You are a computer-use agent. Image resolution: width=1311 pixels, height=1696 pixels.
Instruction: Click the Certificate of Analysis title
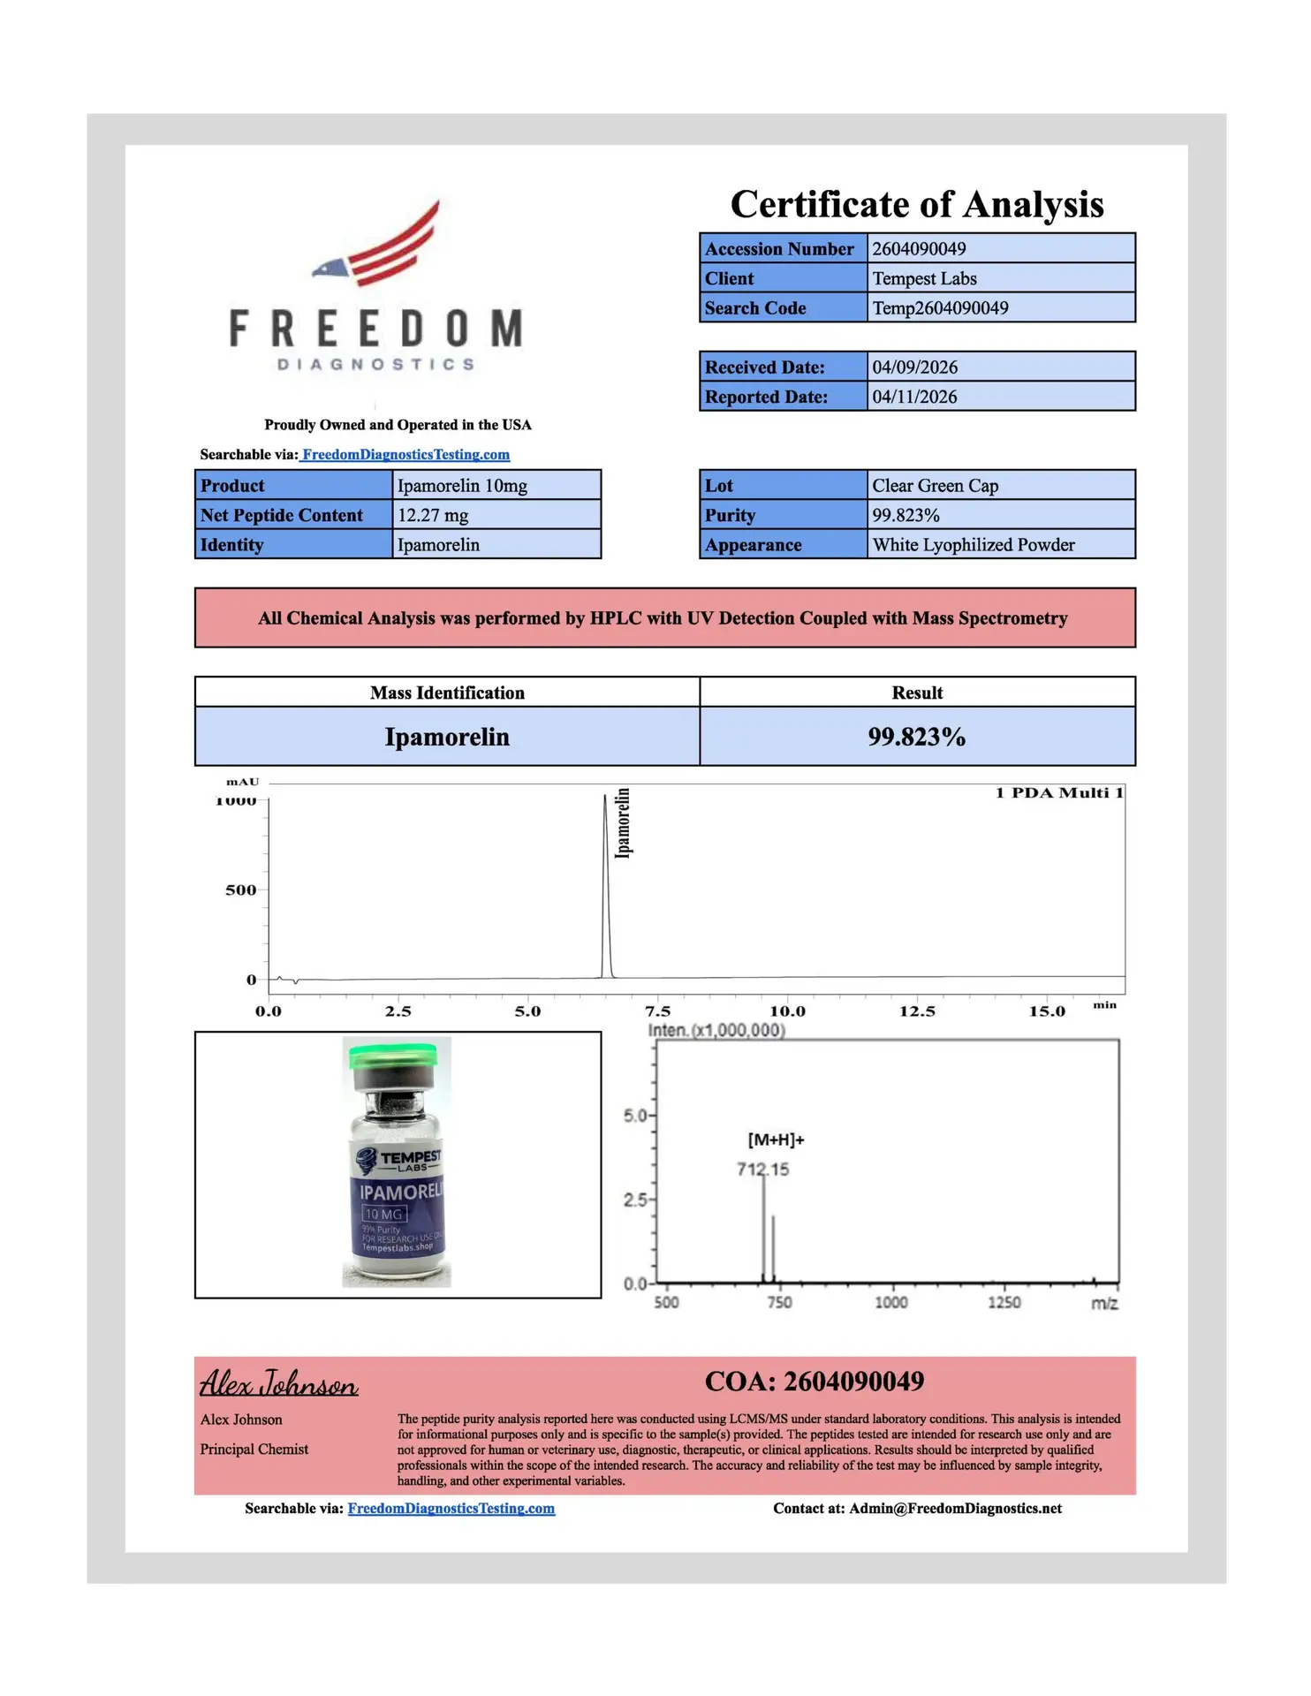pos(916,204)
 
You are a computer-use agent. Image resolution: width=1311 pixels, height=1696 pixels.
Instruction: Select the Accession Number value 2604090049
pos(919,249)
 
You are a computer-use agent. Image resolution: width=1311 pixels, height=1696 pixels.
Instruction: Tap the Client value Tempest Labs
pos(924,279)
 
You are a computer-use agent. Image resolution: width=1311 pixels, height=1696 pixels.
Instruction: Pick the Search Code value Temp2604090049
pos(940,308)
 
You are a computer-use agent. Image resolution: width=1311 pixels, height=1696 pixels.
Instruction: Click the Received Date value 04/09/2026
pos(914,367)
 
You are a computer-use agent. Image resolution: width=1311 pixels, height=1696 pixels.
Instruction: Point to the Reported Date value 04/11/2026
pos(914,397)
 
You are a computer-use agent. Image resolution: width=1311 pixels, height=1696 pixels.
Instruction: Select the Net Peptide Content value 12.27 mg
pos(433,516)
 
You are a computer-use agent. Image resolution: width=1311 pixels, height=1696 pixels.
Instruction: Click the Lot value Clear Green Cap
pos(935,486)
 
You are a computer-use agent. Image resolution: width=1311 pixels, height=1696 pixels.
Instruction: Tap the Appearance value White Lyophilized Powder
pos(974,545)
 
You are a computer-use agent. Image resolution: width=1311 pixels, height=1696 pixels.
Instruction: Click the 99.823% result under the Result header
pos(916,737)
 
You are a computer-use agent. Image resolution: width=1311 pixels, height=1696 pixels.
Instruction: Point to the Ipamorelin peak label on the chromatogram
pos(623,822)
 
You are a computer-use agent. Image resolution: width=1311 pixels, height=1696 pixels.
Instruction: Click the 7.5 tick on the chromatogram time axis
pos(658,1011)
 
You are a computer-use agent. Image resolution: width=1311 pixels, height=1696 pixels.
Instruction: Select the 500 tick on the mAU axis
pos(240,890)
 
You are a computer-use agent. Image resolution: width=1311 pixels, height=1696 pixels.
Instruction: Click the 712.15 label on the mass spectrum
pos(762,1170)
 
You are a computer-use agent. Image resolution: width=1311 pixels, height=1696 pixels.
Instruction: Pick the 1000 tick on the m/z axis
pos(890,1303)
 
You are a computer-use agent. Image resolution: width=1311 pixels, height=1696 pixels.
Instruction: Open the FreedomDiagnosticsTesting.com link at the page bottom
pos(451,1509)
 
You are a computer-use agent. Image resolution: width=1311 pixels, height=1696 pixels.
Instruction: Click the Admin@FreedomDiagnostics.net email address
pos(955,1509)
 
